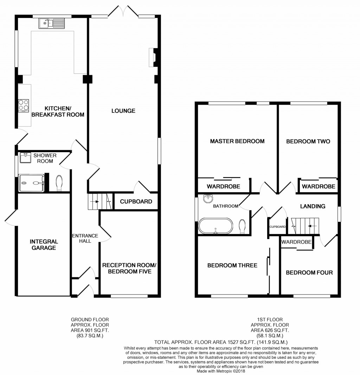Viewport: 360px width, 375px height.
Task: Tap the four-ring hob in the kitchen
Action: coord(24,105)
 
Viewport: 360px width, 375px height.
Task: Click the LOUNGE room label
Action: coord(123,111)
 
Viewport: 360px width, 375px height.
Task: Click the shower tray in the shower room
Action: coord(31,183)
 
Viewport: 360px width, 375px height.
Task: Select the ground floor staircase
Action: coord(99,202)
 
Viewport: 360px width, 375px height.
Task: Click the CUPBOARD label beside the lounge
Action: coord(136,202)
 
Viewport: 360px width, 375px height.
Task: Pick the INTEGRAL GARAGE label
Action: coord(44,245)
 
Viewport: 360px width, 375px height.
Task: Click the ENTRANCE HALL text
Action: coord(85,238)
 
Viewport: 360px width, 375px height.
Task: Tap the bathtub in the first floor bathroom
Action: coord(216,226)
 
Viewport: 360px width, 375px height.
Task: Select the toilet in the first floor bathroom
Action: coord(242,226)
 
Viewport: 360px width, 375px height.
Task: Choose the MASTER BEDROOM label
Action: coord(237,141)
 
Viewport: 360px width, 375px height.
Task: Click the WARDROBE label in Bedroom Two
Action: coord(319,186)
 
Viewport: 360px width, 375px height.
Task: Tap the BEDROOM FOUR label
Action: coord(309,272)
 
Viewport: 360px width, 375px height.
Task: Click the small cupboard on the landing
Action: coord(277,227)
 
